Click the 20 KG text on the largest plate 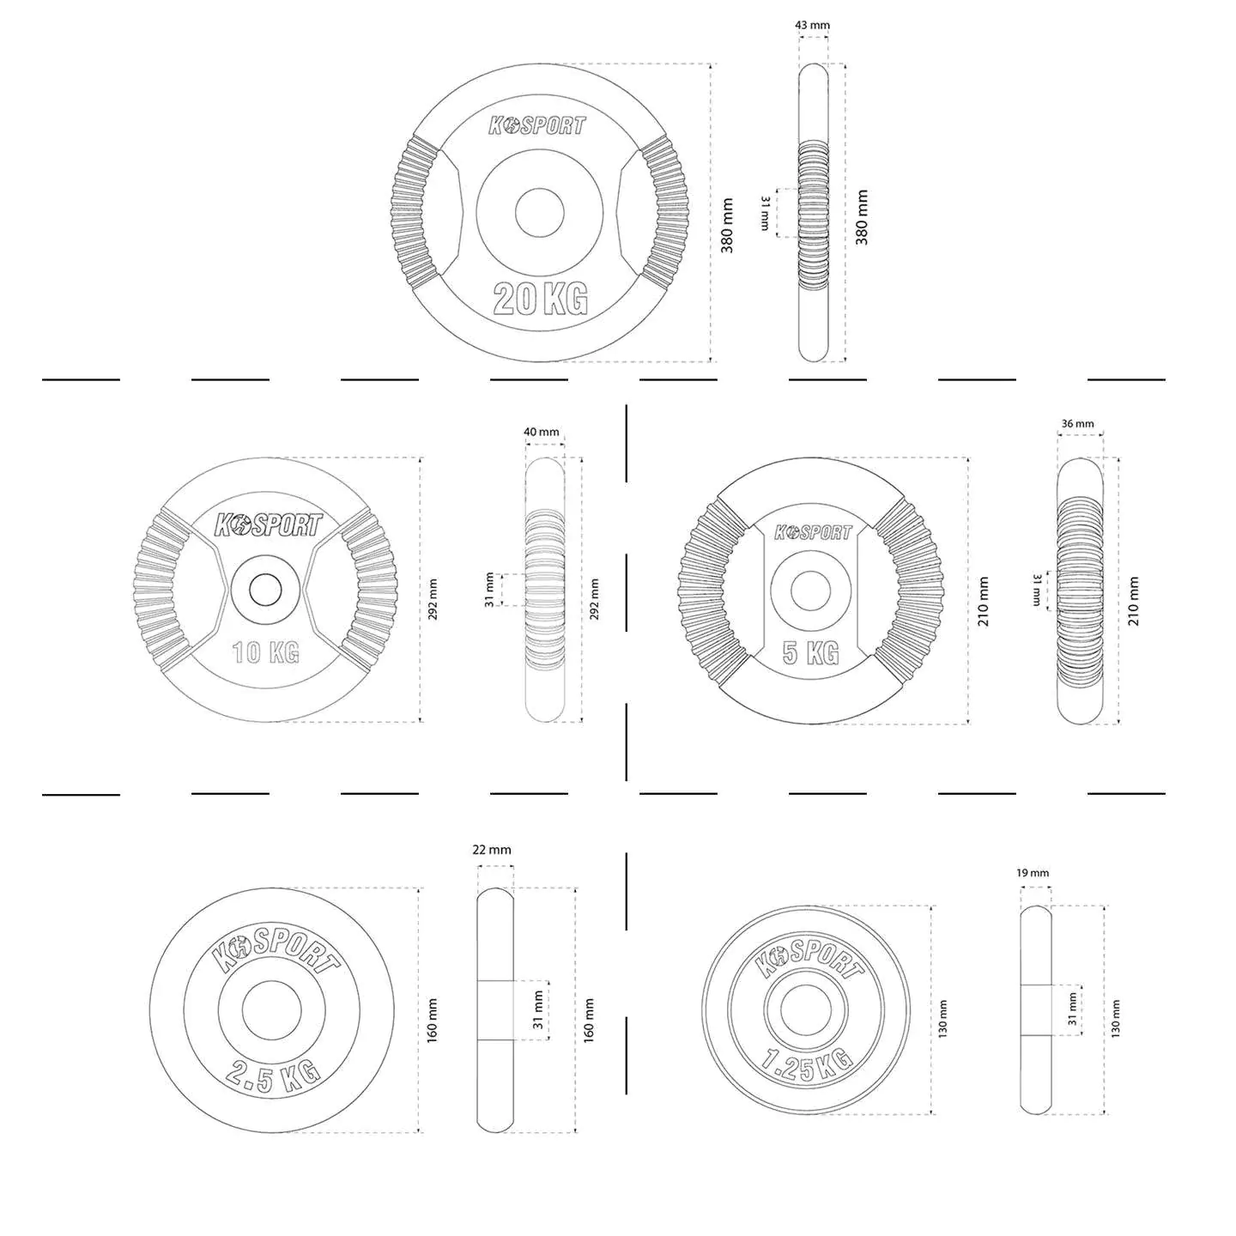click(x=540, y=298)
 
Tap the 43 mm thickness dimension click(x=812, y=25)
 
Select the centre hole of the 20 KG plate click(x=539, y=212)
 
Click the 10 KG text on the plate click(x=265, y=653)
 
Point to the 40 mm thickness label click(x=542, y=432)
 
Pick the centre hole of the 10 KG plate click(x=265, y=590)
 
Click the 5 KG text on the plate click(x=811, y=653)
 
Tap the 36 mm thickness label click(x=1077, y=423)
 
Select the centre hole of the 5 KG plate click(x=811, y=591)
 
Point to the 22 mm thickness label click(x=492, y=850)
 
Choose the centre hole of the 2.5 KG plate click(x=272, y=1010)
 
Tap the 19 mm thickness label click(x=1033, y=873)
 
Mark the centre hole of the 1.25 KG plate click(x=806, y=1010)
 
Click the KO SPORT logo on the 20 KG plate click(x=537, y=125)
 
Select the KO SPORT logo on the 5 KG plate click(x=814, y=532)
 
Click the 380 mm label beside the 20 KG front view click(x=727, y=225)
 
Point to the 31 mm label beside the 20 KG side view click(x=765, y=213)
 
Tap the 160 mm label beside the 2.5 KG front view click(x=433, y=1021)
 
